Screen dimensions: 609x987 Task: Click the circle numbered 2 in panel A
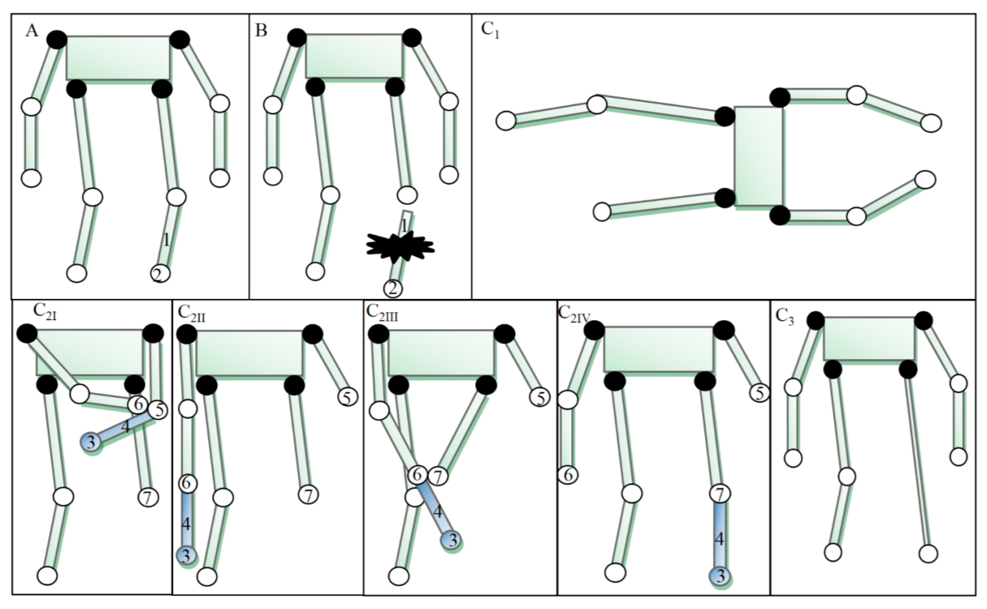click(x=160, y=274)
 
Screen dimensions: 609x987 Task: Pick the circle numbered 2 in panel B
click(x=393, y=288)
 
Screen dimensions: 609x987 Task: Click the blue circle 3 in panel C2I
click(x=91, y=442)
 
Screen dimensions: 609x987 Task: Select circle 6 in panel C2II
click(x=187, y=483)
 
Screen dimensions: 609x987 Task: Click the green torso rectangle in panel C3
click(x=869, y=338)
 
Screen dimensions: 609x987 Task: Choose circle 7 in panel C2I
click(x=148, y=498)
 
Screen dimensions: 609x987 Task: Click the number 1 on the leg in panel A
click(x=166, y=241)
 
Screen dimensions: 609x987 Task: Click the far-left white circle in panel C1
click(x=506, y=121)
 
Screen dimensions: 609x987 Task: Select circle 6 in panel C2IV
click(x=568, y=475)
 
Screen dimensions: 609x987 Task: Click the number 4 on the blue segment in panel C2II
click(x=186, y=524)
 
